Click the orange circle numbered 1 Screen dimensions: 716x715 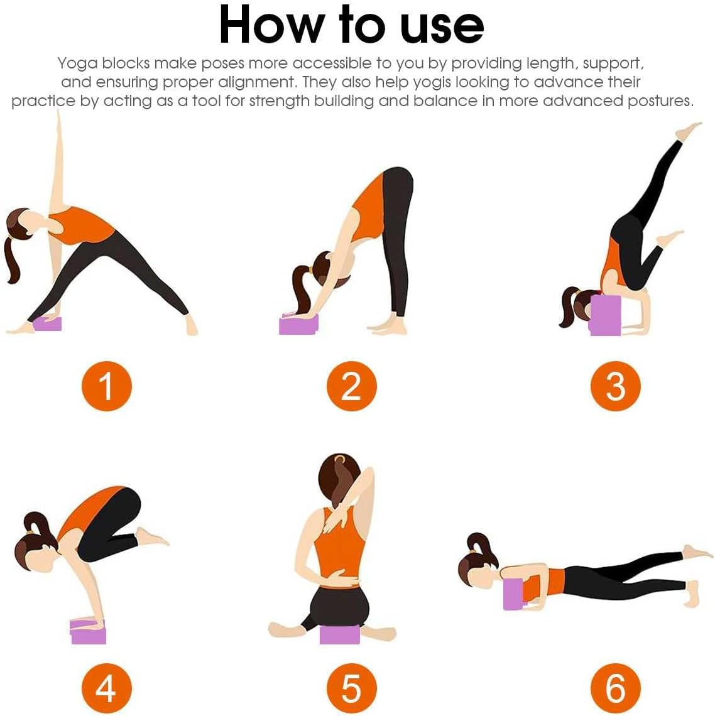click(x=106, y=386)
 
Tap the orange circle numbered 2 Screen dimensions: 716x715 click(x=351, y=386)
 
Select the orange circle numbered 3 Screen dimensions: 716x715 click(x=615, y=386)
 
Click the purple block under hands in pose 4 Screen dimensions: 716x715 click(x=89, y=634)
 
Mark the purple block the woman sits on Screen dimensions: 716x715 click(x=339, y=634)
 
